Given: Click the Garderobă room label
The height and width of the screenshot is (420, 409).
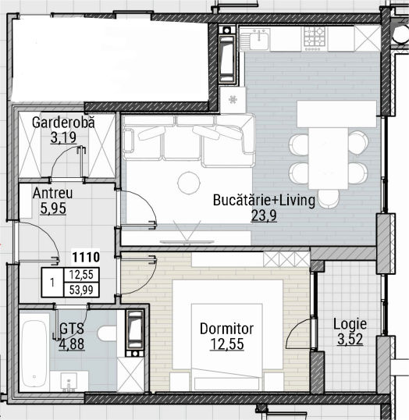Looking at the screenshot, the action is (63, 123).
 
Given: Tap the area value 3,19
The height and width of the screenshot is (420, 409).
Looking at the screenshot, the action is (63, 137).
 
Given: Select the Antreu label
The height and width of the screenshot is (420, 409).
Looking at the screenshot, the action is (53, 193).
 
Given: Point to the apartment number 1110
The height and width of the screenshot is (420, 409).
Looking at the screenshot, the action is (86, 257).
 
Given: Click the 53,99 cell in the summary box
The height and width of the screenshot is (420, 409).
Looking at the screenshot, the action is (81, 290).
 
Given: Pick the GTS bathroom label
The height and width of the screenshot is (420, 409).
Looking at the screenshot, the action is (72, 329).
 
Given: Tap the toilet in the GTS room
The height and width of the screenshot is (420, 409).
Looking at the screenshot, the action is (107, 333).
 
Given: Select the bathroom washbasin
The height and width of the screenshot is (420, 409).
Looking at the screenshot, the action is (69, 382).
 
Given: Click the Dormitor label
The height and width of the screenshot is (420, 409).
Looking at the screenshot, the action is (226, 329).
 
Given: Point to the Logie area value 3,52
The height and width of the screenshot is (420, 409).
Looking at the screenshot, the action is (350, 339).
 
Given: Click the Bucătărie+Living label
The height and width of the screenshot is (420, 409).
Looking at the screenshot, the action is (264, 200).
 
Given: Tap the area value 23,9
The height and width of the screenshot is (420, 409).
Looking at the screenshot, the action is (264, 215).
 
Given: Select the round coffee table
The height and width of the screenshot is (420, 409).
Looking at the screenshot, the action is (189, 183).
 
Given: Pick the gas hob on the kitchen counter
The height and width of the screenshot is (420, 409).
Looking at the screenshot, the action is (315, 37).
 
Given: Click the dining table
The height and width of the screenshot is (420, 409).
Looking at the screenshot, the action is (329, 158).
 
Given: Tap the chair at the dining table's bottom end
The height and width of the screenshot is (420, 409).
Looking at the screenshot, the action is (329, 198).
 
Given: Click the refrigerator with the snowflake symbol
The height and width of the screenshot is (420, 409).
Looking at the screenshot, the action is (233, 100).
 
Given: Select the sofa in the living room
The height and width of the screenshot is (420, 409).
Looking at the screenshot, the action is (189, 141).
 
